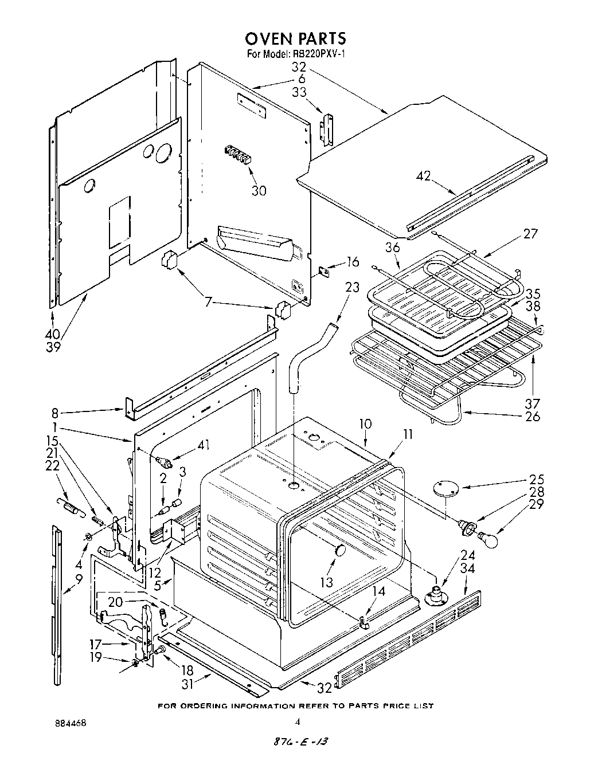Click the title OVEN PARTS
(x=295, y=38)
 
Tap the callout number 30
(x=259, y=191)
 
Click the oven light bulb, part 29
(x=488, y=539)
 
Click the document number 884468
(x=67, y=724)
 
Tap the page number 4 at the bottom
(x=298, y=723)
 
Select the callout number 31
(x=187, y=683)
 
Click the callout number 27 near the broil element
(x=530, y=233)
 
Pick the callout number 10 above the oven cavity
(x=365, y=425)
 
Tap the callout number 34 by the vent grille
(x=468, y=568)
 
